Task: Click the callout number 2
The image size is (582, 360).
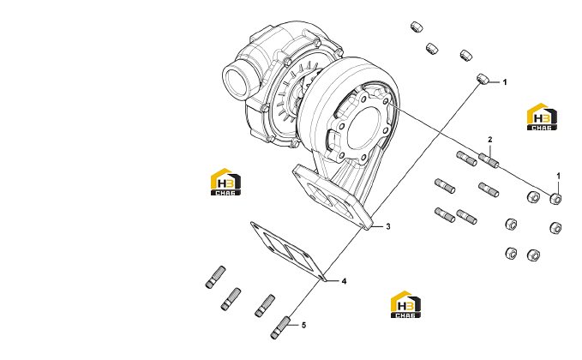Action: click(x=490, y=140)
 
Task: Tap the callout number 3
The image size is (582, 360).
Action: click(x=388, y=226)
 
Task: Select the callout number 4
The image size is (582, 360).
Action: click(x=344, y=281)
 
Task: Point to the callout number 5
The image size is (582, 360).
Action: click(x=303, y=326)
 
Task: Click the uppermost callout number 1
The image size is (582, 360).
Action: click(x=504, y=82)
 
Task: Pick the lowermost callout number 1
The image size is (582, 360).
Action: click(x=558, y=176)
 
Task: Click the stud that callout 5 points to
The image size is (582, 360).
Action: click(x=280, y=327)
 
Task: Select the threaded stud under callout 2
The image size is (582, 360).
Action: click(x=489, y=160)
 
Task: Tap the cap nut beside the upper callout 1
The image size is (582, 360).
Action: click(x=483, y=78)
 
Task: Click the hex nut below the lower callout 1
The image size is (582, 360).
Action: click(x=555, y=198)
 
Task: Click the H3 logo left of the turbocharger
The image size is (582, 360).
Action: click(x=225, y=182)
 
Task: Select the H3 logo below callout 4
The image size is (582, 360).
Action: click(x=405, y=304)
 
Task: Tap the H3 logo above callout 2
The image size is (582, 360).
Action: click(x=542, y=117)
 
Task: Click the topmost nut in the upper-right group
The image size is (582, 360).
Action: click(x=417, y=27)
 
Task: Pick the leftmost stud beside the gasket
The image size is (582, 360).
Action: click(x=215, y=277)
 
